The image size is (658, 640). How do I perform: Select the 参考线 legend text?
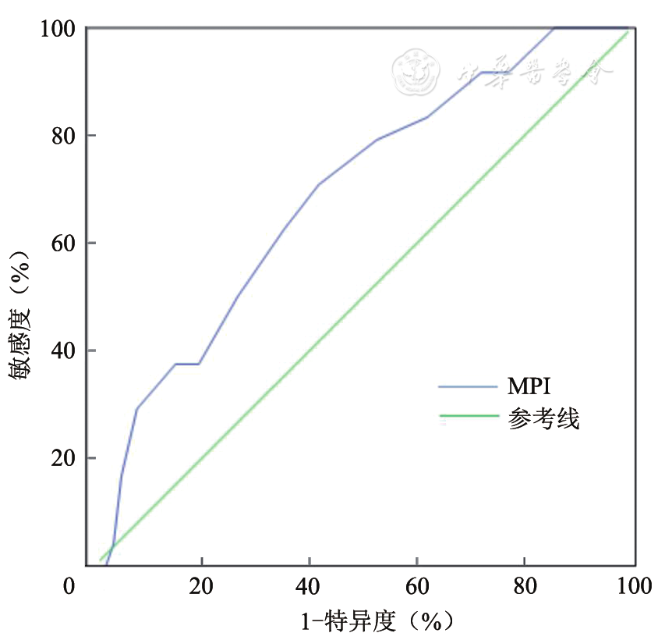(x=543, y=419)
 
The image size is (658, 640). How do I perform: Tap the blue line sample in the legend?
(x=468, y=386)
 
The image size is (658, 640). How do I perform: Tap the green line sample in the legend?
(x=468, y=417)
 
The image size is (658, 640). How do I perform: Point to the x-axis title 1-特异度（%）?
(x=377, y=622)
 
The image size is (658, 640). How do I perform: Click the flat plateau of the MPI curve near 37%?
(x=187, y=364)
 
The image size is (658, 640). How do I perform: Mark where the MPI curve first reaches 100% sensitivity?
(x=554, y=29)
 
